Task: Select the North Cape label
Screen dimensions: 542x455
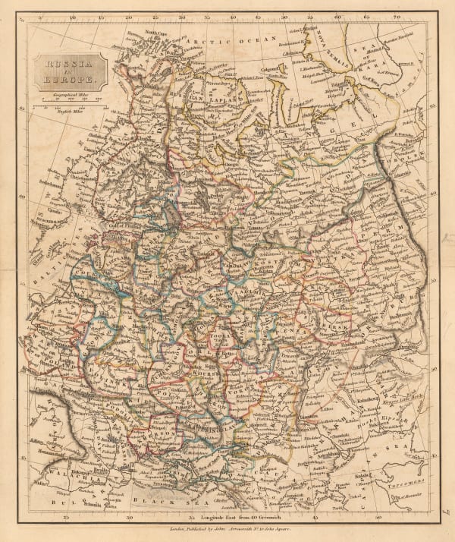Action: (x=155, y=34)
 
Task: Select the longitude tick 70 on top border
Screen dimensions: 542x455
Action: (x=397, y=15)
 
